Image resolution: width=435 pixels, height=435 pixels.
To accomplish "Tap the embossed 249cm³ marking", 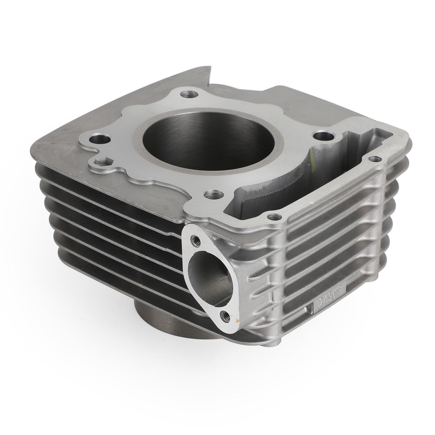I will click(x=330, y=299).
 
